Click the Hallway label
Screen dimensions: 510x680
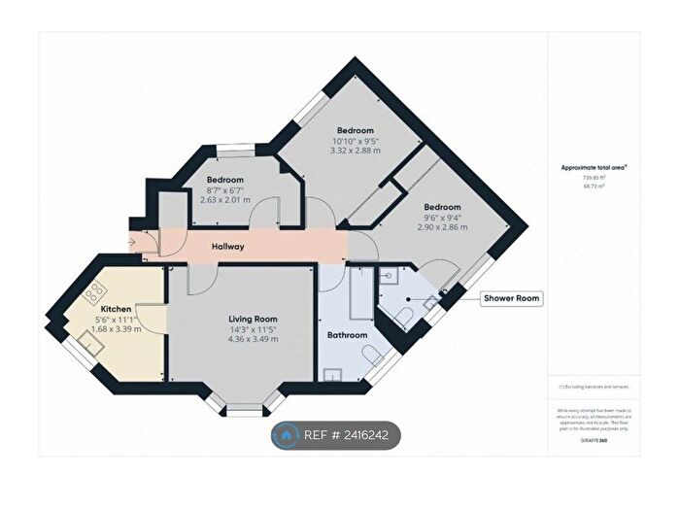(228, 248)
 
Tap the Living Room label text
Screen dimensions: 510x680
(253, 319)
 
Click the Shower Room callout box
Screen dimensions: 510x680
(512, 298)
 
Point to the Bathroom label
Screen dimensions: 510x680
(347, 335)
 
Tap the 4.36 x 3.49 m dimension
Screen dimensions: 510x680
(253, 340)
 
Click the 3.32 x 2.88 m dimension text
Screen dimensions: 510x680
(356, 151)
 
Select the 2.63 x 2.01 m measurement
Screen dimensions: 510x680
(224, 201)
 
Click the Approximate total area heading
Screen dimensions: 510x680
(594, 167)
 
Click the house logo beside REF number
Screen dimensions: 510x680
(285, 437)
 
